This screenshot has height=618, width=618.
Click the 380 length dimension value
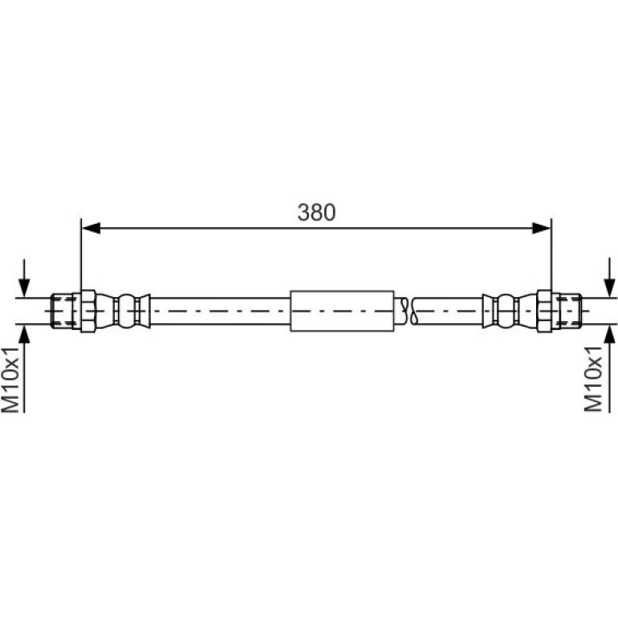tap(316, 213)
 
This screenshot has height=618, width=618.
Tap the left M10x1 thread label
tap(10, 380)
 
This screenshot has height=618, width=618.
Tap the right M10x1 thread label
tap(593, 379)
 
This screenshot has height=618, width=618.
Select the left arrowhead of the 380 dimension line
tap(91, 228)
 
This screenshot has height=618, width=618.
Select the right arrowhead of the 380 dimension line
tap(541, 228)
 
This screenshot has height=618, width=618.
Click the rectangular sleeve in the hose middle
tap(342, 311)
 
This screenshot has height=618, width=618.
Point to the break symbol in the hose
tap(408, 311)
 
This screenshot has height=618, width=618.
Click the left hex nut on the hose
tap(88, 311)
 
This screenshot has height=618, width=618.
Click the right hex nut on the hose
tap(544, 311)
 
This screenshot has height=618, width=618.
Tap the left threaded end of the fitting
tap(62, 311)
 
